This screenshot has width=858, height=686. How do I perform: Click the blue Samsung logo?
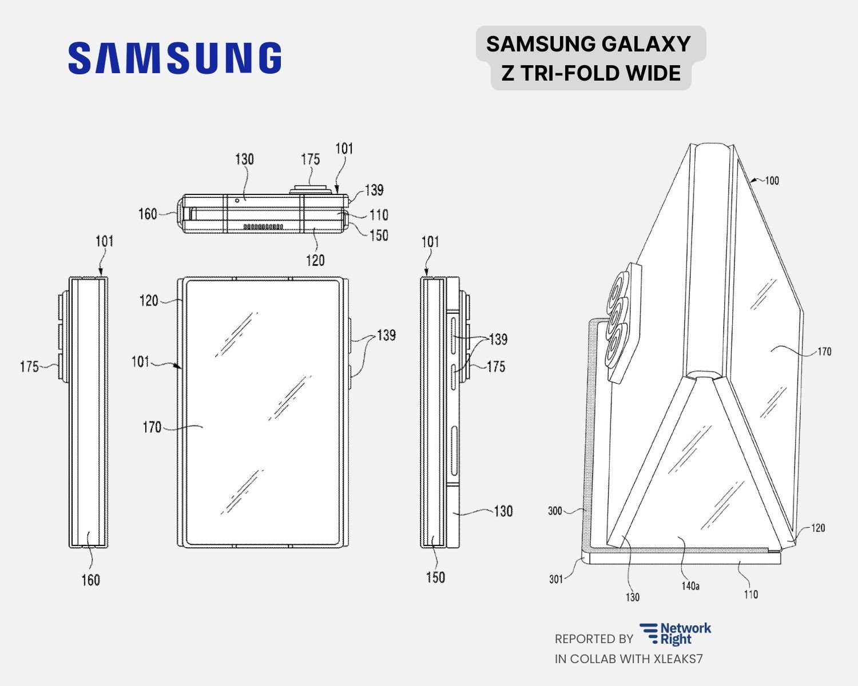tap(174, 58)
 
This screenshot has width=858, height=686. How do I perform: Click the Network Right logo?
tap(675, 634)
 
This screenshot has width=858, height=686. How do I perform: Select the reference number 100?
tap(771, 181)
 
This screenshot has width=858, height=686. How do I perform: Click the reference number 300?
tap(555, 510)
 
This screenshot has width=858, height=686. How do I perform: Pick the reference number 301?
tap(556, 579)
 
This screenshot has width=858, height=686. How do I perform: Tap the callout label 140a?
tap(690, 586)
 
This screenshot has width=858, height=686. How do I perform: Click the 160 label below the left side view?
tap(90, 580)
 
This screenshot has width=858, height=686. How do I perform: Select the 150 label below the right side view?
tap(435, 577)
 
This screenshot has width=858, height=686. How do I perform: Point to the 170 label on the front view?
tap(152, 427)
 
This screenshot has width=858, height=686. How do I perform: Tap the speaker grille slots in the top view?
tap(263, 227)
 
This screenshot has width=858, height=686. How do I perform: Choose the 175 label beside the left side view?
tap(29, 366)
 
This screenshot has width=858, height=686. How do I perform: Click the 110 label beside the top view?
tap(379, 215)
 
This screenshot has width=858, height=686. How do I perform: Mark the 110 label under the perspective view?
tap(750, 595)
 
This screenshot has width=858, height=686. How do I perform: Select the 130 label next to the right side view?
tap(503, 511)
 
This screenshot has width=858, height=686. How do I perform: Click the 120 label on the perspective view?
tap(818, 528)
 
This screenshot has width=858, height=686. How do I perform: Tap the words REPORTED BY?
tap(593, 639)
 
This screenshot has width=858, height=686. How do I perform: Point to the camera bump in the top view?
tap(310, 189)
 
